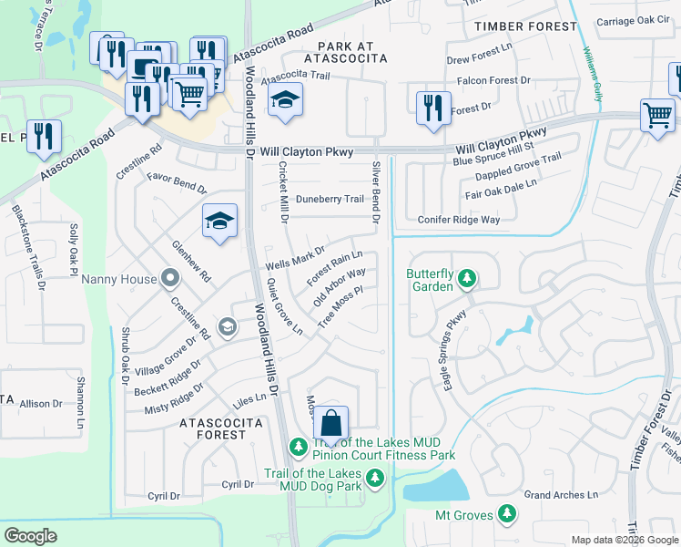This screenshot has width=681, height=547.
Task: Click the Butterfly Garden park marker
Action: click(466, 277)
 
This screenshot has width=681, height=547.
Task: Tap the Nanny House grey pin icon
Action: click(169, 278)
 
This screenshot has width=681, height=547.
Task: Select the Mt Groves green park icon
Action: click(507, 515)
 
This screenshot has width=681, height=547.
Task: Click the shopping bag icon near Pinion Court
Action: click(331, 424)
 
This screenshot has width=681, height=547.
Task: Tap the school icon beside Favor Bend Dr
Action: click(219, 222)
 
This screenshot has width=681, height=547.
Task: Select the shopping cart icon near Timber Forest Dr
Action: click(657, 116)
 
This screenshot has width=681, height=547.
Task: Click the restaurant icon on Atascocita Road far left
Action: click(44, 137)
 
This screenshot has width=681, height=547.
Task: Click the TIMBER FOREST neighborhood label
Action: click(525, 26)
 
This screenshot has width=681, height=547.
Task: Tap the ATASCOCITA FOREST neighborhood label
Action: click(221, 428)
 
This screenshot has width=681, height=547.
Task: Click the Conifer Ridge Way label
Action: click(459, 220)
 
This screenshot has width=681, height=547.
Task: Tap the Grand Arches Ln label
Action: click(561, 495)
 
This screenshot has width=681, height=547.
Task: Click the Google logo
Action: click(31, 536)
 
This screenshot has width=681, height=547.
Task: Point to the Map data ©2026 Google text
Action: click(624, 540)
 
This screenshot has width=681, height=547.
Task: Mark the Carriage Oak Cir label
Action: click(633, 19)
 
